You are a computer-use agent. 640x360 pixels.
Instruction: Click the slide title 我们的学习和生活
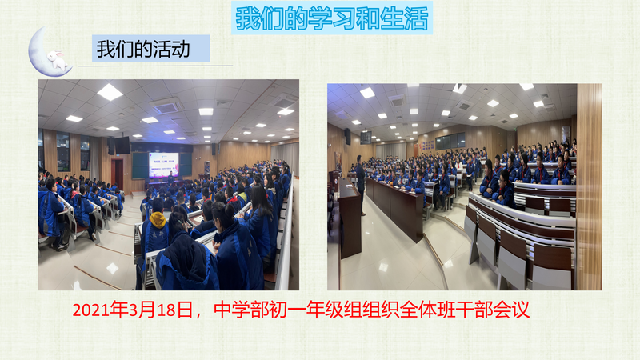[x=332, y=18]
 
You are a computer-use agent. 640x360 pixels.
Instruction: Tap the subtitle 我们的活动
[x=143, y=49]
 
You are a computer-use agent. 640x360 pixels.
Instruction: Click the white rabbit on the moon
[x=57, y=59]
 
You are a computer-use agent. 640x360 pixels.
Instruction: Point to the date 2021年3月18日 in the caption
[x=133, y=310]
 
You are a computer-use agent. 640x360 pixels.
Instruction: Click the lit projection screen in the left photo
[x=164, y=165]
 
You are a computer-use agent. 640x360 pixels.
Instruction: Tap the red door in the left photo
[x=118, y=174]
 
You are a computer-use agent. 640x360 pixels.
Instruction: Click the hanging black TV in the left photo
[x=122, y=145]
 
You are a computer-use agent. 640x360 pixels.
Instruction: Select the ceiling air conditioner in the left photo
[x=166, y=106]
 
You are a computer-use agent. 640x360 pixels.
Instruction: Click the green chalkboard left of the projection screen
[x=140, y=166]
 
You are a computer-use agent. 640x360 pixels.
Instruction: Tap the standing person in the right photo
[x=360, y=185]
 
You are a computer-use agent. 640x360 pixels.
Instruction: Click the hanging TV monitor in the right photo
[x=366, y=138]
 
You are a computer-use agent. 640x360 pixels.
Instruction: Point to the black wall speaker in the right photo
[x=347, y=137]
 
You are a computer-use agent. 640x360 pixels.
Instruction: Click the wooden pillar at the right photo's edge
[x=589, y=187]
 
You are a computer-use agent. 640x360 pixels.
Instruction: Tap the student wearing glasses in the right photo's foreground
[x=505, y=188]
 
